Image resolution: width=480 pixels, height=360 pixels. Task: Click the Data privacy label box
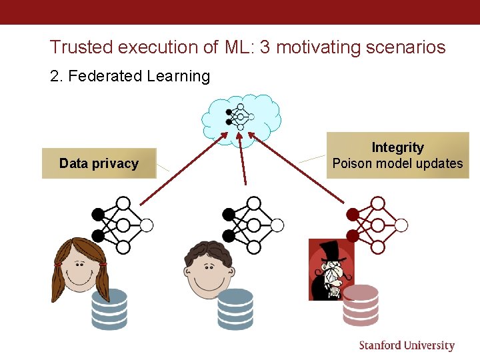point(99,163)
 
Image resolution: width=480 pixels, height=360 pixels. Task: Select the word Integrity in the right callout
point(397,147)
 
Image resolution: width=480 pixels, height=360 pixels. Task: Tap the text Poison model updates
point(397,163)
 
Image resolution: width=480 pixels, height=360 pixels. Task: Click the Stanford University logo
point(407,345)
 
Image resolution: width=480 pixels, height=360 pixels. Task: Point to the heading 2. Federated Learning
point(130,76)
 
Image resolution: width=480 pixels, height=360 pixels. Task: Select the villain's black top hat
point(331,251)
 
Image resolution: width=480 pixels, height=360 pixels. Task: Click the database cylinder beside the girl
point(109,309)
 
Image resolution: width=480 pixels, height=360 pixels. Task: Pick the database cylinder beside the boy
point(235,309)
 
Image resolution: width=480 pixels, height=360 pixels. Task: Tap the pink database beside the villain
point(361,305)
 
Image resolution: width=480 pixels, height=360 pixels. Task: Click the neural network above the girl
point(122,225)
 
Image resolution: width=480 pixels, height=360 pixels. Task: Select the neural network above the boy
point(253,225)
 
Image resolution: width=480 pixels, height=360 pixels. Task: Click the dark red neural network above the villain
point(376,225)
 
